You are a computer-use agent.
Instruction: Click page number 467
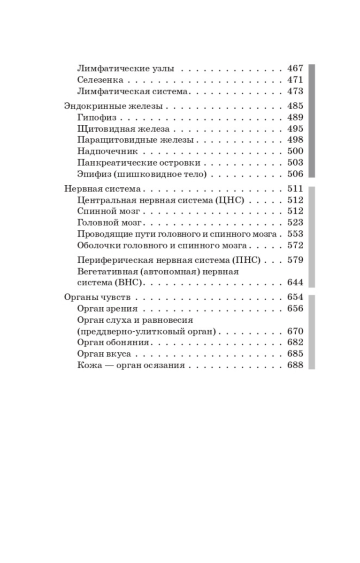click(295, 68)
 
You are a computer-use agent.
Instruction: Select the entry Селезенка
click(100, 80)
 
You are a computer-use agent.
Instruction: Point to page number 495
click(295, 129)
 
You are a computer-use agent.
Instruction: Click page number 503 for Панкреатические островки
click(295, 163)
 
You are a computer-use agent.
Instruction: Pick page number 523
click(295, 223)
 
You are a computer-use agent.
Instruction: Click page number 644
click(295, 282)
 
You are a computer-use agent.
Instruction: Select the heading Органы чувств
click(97, 297)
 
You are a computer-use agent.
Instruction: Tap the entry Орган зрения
click(107, 309)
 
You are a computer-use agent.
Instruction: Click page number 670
click(295, 331)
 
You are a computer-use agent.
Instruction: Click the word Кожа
click(86, 365)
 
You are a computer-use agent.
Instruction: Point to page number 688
click(295, 365)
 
